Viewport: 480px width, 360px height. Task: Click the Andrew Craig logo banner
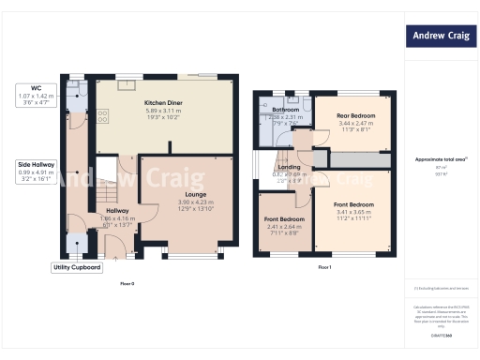tap(439, 37)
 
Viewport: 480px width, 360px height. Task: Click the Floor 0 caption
tap(127, 282)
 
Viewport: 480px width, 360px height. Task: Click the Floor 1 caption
tap(324, 267)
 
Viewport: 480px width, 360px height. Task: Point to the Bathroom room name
tap(285, 110)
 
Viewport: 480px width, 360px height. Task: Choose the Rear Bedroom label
tap(355, 116)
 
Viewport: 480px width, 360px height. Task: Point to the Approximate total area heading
tap(437, 159)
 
